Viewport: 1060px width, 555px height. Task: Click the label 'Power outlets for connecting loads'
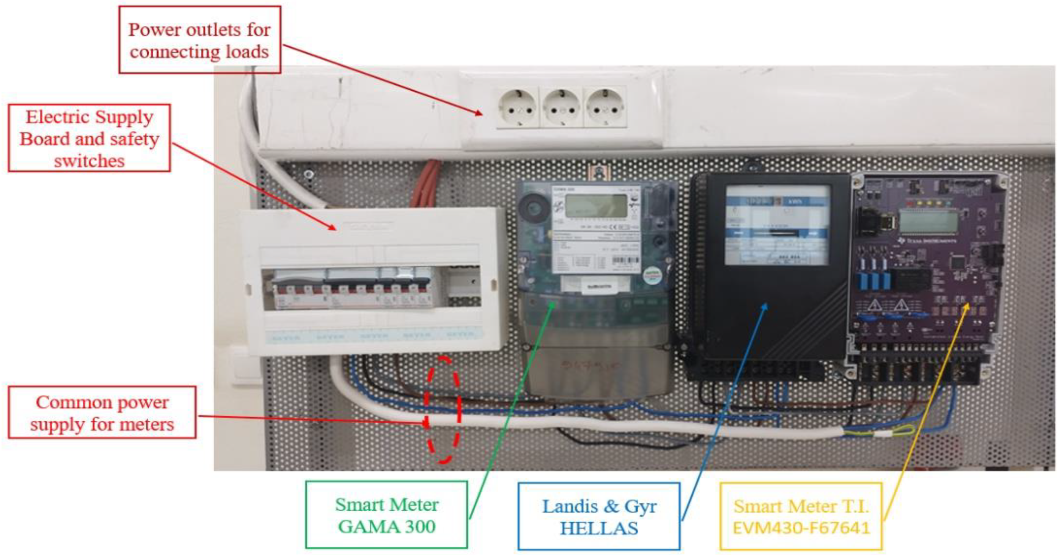pos(200,40)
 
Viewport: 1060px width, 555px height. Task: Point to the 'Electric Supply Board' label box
pos(89,138)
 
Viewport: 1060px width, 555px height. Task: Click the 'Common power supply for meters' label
pos(102,413)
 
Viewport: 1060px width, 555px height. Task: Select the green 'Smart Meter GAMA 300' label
pos(386,515)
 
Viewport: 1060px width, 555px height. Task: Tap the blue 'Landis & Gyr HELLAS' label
pos(599,516)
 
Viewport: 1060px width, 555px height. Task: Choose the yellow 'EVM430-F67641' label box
pos(801,516)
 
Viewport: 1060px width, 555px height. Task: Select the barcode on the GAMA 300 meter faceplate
pos(625,261)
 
